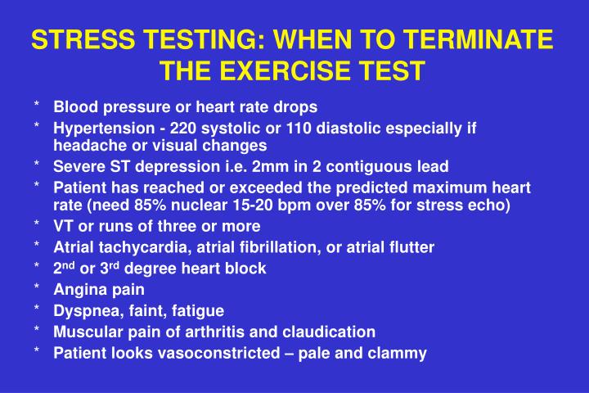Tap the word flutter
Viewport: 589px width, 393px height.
[x=412, y=246]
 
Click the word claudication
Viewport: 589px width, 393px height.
[x=335, y=332]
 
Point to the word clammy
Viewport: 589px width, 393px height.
[x=401, y=353]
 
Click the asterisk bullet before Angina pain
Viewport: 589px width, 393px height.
[x=38, y=289]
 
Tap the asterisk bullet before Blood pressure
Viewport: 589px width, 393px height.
[x=38, y=106]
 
